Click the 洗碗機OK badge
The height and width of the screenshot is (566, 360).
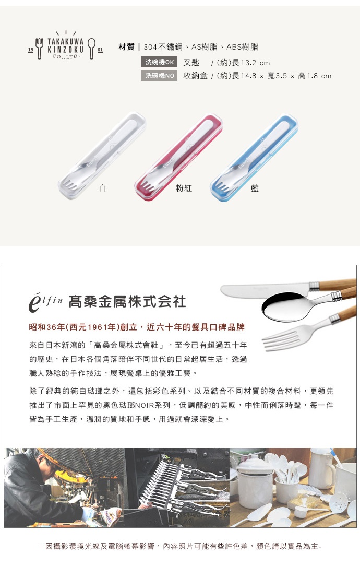tap(160, 62)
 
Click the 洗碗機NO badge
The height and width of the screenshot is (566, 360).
tap(160, 76)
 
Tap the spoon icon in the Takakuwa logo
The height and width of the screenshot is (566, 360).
tap(92, 48)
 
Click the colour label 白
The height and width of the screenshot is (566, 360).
tap(103, 188)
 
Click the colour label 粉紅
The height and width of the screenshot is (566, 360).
tap(184, 188)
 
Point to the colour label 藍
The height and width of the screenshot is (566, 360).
tap(255, 188)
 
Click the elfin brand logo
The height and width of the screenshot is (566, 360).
tap(46, 302)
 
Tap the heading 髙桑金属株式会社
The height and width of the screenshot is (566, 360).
tap(127, 302)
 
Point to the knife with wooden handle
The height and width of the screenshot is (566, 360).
tap(271, 288)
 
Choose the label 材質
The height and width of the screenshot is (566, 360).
tap(126, 47)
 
